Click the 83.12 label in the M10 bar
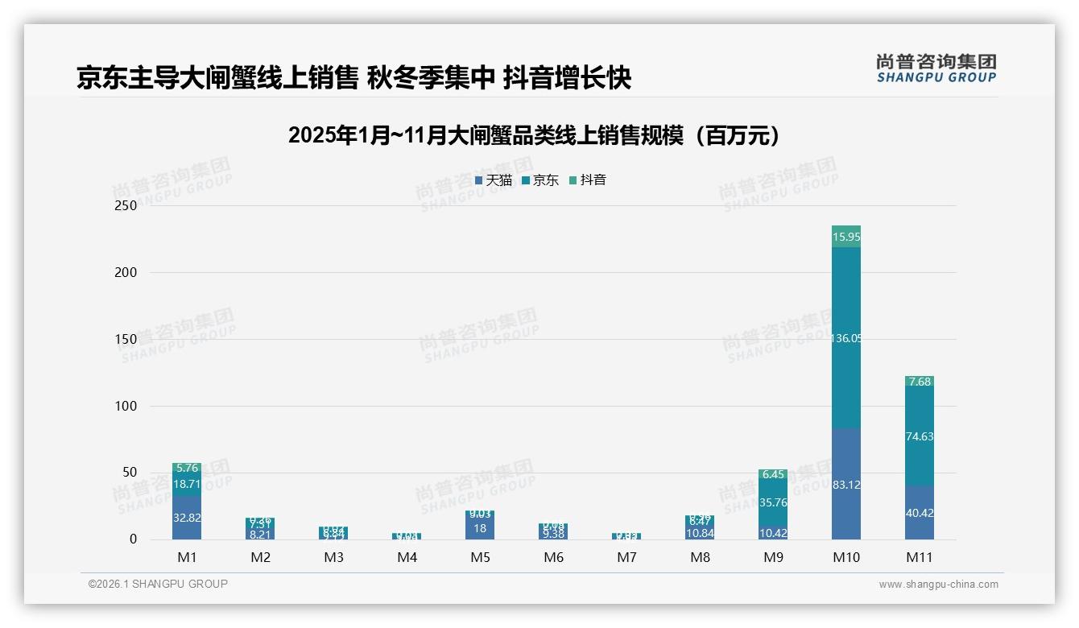coord(845,485)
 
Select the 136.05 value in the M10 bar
coord(845,338)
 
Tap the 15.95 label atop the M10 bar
coord(845,237)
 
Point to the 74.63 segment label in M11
coord(920,436)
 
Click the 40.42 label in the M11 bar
coord(920,513)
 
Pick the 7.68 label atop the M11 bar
coord(920,382)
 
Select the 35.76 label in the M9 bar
coord(773,502)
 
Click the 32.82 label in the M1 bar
coord(187,518)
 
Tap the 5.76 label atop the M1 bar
coord(187,468)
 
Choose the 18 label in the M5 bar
coord(480,528)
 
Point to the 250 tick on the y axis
coord(126,205)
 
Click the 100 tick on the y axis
coord(126,406)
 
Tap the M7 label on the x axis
coord(626,557)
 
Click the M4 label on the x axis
coord(407,557)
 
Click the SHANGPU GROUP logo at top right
coord(936,68)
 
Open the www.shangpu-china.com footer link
coord(938,585)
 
